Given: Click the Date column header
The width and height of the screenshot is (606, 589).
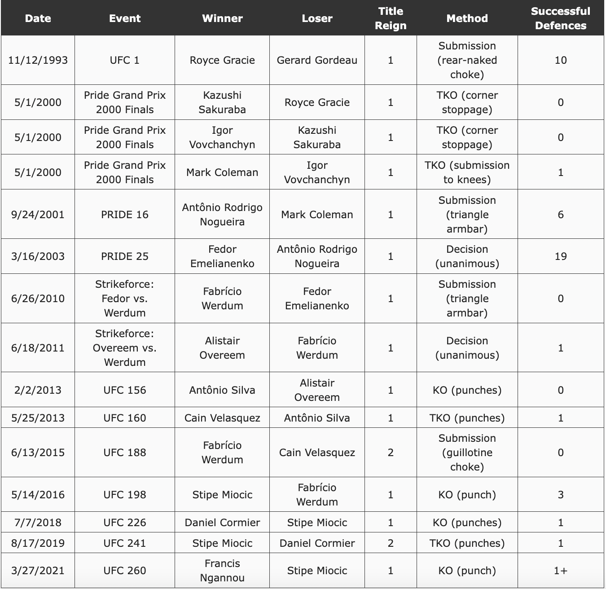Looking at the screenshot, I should coord(38,18).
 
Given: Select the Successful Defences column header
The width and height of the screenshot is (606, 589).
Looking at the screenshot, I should coord(560,18).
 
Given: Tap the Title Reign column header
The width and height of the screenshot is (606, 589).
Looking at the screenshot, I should coord(391,18).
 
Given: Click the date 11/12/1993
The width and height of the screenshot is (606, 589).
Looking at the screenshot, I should coord(38,60).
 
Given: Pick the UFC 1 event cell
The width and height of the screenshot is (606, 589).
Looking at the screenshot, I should coord(124,60).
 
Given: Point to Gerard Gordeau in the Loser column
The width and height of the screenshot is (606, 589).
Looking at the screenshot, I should coord(317,60).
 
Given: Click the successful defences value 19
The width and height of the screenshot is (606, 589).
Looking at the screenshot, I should coord(560,256).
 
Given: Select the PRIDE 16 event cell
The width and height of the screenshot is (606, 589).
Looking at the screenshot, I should coord(124,215).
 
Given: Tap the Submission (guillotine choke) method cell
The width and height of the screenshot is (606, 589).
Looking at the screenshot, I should coord(467,453).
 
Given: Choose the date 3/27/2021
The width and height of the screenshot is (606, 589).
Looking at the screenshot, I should coord(38,571).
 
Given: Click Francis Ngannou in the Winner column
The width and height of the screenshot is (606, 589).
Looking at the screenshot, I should coord(222,571).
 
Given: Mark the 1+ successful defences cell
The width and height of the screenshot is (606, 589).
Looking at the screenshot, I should coord(560,571).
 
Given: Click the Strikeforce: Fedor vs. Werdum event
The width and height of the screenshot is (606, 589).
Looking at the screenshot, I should coord(124,299).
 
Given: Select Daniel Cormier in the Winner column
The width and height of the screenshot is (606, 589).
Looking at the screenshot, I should coord(222,523).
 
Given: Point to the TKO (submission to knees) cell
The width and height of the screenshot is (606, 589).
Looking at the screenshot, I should coord(467,172).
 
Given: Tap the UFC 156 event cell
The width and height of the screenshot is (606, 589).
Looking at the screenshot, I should coord(124,390).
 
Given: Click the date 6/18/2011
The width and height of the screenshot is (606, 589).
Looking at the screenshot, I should coord(38,348).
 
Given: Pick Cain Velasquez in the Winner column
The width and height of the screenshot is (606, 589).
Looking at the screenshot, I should coord(222,418).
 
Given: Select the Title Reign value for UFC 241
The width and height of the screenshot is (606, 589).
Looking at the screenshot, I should coord(391,543).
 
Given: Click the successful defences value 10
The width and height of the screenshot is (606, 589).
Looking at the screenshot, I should coord(560,60).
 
